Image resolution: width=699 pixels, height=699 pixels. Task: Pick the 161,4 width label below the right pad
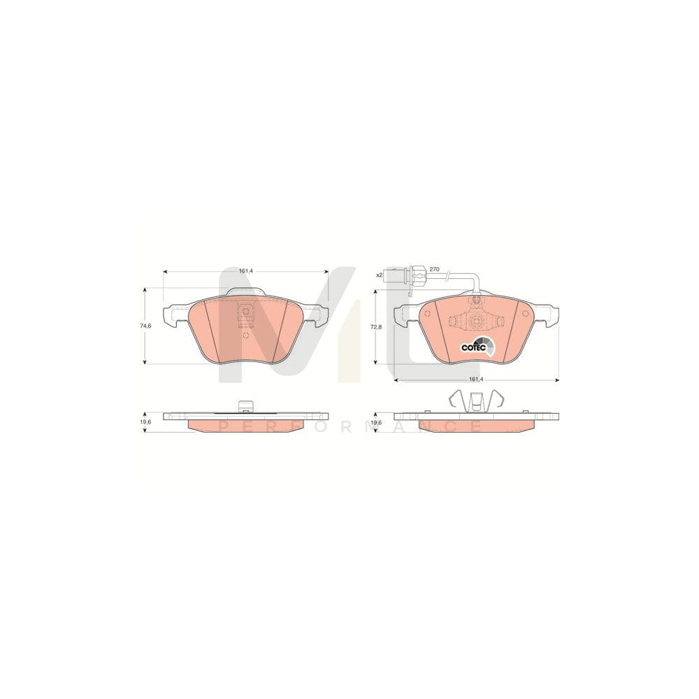coord(475,378)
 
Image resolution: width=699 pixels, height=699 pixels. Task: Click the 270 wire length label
coord(433,269)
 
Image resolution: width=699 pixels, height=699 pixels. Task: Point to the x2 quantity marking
coord(380,275)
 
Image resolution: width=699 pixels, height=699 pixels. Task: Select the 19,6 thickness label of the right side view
coord(377,422)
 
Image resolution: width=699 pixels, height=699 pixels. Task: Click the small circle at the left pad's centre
coord(245,334)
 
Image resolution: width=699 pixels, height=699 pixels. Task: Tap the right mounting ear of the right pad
coord(549,316)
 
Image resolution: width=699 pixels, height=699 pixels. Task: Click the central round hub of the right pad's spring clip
coord(476,322)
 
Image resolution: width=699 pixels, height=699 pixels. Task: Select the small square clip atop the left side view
coord(245,405)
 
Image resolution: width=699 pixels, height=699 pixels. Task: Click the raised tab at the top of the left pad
coord(245,291)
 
